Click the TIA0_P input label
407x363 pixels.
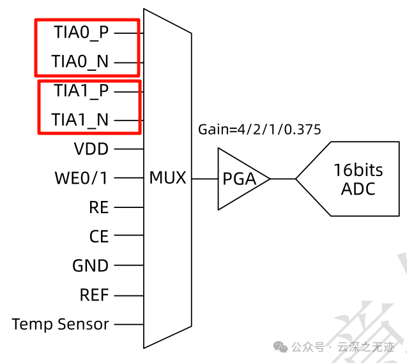(81, 33)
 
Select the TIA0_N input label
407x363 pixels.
(81, 62)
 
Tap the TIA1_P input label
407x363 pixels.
(81, 91)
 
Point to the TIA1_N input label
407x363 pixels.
(81, 119)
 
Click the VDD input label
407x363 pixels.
(91, 149)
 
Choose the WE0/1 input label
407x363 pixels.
(81, 178)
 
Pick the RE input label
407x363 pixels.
(99, 207)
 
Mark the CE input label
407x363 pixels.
(99, 237)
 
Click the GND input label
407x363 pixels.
(91, 266)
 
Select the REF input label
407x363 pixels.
(94, 295)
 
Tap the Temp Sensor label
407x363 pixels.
(61, 324)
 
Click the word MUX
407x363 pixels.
(167, 178)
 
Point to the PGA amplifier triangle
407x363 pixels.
(239, 179)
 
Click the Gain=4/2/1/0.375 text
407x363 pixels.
(259, 130)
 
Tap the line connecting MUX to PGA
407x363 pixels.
(204, 179)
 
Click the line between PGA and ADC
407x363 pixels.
(282, 179)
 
